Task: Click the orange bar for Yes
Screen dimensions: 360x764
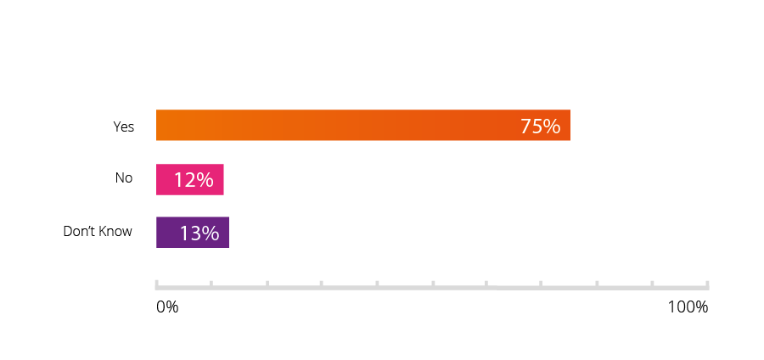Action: [340, 126]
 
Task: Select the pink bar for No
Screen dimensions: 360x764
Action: [189, 179]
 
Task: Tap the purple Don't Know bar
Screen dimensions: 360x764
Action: [192, 232]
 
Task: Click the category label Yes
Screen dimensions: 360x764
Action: [124, 127]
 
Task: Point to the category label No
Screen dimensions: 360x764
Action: [124, 178]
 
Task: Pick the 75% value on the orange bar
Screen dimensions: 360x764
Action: [540, 127]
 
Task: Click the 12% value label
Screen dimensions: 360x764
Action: [194, 180]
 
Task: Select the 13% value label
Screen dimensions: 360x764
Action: [199, 233]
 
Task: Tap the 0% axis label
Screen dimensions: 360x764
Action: [167, 307]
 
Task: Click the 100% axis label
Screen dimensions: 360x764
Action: [688, 307]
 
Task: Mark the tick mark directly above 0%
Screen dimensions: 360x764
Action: [157, 283]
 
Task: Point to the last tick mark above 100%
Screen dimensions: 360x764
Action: [707, 283]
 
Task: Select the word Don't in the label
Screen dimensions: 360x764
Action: [79, 231]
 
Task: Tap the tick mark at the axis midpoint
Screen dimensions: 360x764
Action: [432, 283]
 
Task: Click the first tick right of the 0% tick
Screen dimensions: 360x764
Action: [211, 283]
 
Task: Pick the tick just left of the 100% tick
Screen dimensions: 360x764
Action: [652, 283]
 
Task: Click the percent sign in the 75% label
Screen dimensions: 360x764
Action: [552, 127]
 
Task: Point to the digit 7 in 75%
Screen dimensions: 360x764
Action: [525, 127]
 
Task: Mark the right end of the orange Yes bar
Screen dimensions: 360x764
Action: [569, 126]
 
